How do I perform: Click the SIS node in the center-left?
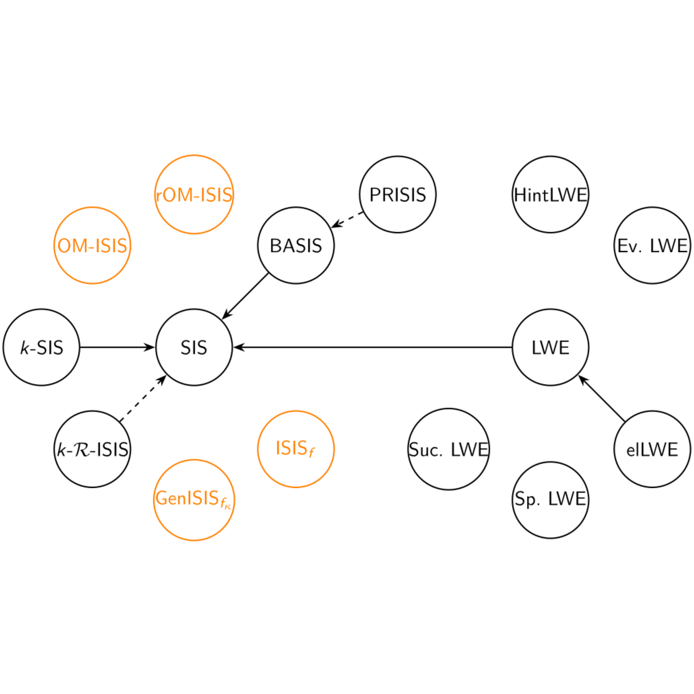click(x=194, y=347)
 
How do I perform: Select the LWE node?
click(x=550, y=347)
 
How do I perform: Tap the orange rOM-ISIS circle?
click(x=194, y=194)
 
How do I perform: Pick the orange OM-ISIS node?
click(x=92, y=245)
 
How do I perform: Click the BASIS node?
click(x=296, y=245)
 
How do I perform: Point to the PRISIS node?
click(x=398, y=194)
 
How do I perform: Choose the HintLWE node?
click(x=550, y=194)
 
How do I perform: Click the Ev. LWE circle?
click(x=652, y=245)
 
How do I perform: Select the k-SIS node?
click(x=41, y=347)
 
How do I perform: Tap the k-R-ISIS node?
click(x=92, y=449)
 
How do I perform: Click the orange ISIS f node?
click(x=296, y=449)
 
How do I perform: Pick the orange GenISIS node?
click(x=194, y=500)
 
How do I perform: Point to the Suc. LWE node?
click(x=448, y=449)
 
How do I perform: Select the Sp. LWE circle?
click(x=550, y=500)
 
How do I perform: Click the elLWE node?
click(x=652, y=449)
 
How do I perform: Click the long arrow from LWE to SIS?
click(x=373, y=347)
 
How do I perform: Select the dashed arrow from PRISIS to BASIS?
click(x=347, y=220)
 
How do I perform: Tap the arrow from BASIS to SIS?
click(x=245, y=296)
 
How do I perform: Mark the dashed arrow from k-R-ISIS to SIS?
click(x=143, y=398)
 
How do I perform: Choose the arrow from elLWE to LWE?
click(x=601, y=398)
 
